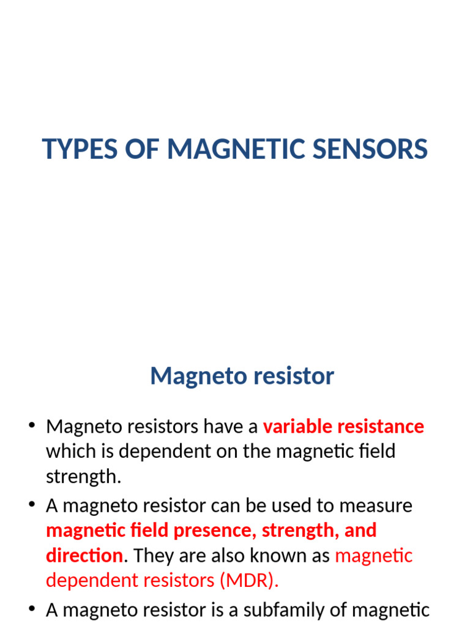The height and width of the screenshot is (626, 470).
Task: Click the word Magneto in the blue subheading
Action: tap(190, 375)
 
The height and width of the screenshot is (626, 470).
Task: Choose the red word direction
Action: tap(84, 556)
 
